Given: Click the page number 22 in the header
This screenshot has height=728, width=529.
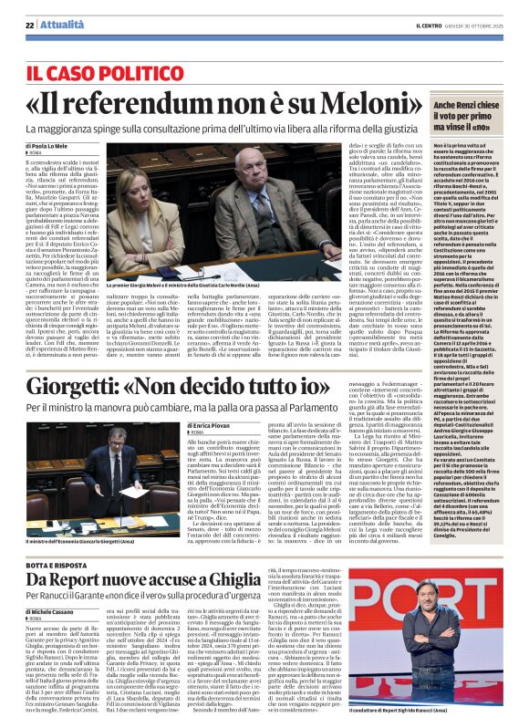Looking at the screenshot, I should [x=29, y=26].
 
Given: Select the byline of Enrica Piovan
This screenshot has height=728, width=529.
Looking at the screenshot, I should [x=212, y=426].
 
